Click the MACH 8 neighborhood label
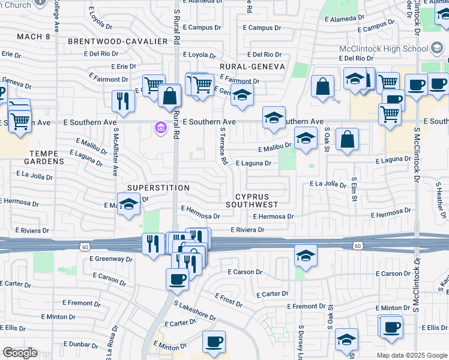(x=34, y=37)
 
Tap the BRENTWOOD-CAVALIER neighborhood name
(x=117, y=41)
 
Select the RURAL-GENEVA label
(x=252, y=67)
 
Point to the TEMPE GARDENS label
(x=44, y=157)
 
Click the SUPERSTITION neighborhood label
(x=158, y=188)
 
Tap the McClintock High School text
(x=391, y=49)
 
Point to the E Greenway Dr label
(x=111, y=259)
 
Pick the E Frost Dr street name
(x=228, y=300)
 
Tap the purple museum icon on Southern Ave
(x=160, y=128)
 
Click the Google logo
(x=20, y=353)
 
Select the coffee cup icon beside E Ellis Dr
(x=391, y=327)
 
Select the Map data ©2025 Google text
(x=411, y=355)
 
